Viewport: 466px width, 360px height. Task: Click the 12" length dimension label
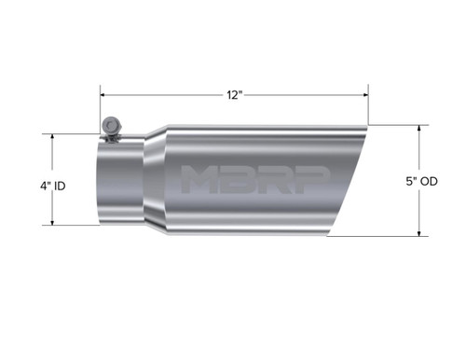point(233,95)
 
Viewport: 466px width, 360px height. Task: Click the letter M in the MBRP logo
point(200,178)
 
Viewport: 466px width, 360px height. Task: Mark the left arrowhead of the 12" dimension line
point(104,95)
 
